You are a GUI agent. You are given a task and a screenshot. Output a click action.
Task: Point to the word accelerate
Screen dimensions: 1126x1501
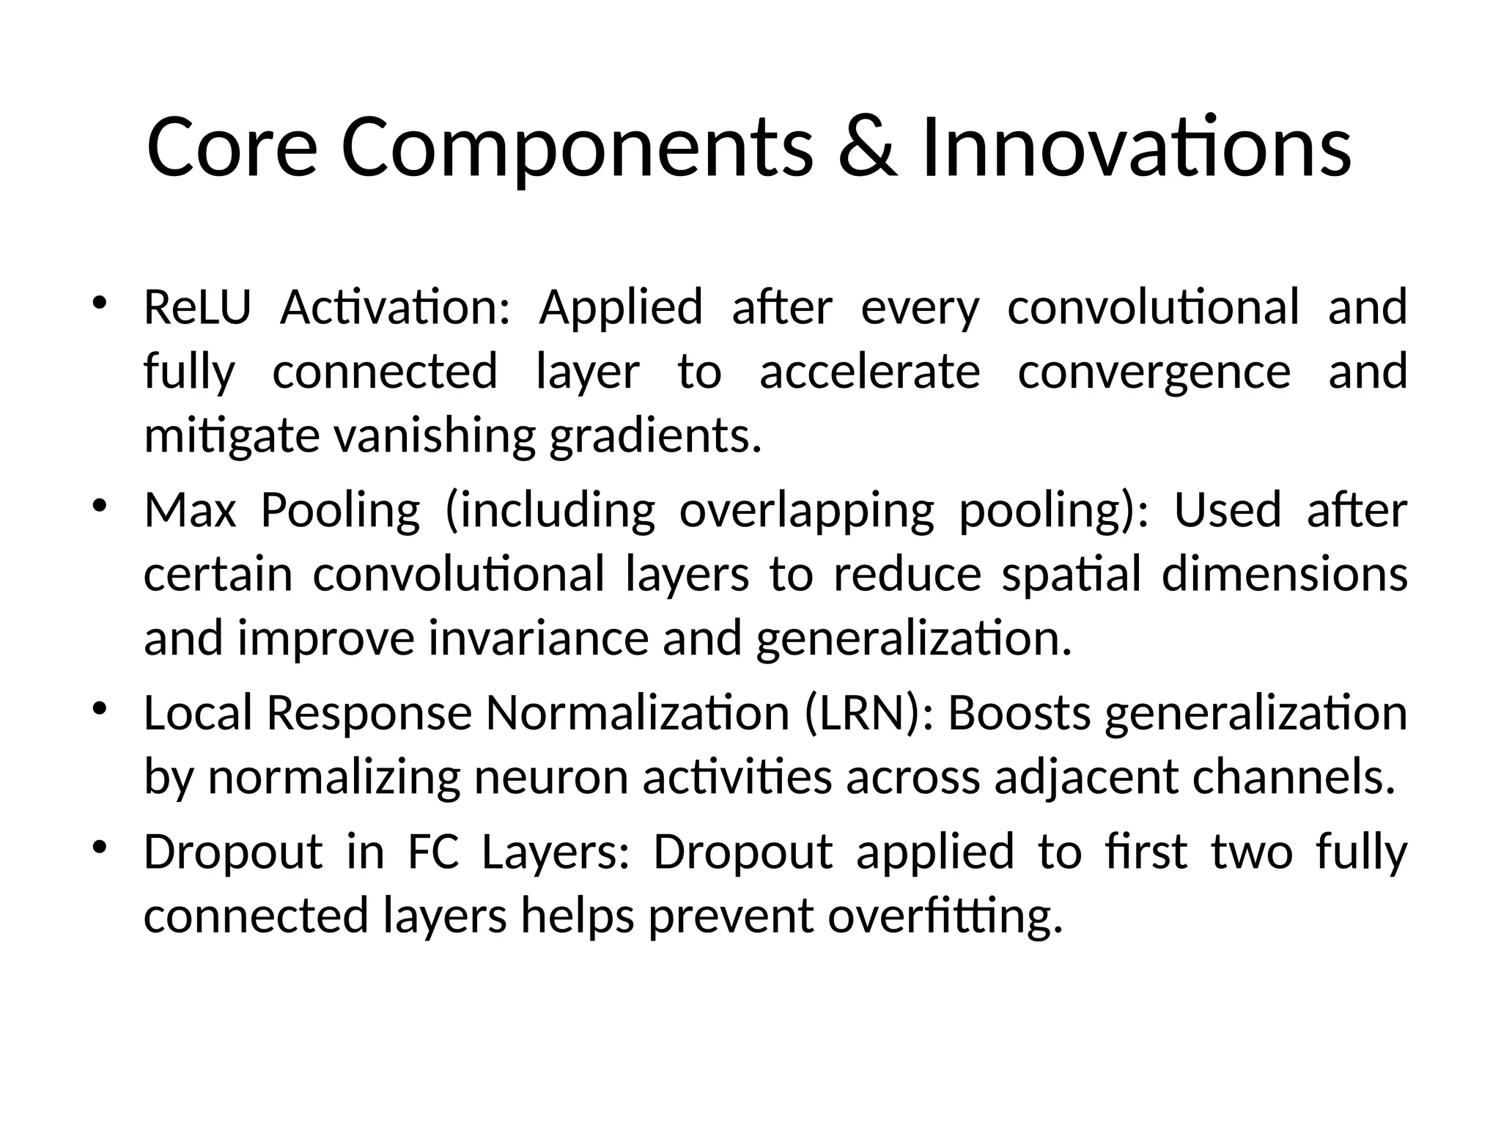click(x=869, y=371)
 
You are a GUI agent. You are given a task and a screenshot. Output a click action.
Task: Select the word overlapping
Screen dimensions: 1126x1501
click(x=807, y=511)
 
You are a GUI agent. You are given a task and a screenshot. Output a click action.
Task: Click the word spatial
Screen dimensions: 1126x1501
click(x=1071, y=574)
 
